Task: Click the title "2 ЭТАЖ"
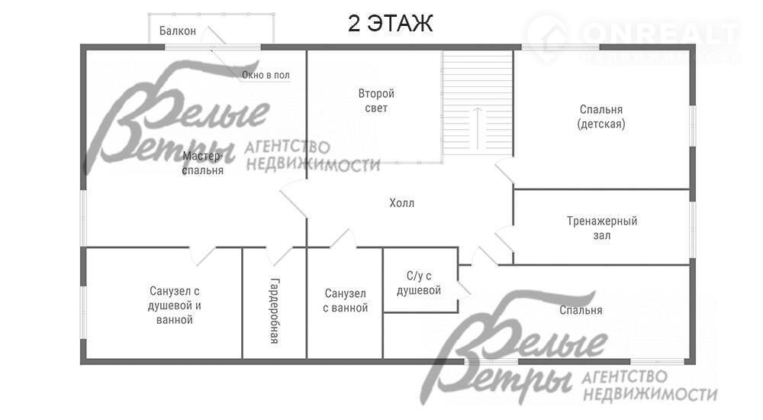coord(390,23)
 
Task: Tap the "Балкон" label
coord(178,31)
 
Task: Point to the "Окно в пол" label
coord(266,75)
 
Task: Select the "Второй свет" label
coord(376,100)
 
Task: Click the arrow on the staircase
coord(478,128)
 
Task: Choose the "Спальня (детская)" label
coord(601,116)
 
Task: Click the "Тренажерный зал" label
coord(602,228)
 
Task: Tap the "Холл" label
coord(401,202)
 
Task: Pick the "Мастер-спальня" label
coord(202,163)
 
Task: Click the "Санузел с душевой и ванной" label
coord(174,305)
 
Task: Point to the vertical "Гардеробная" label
coord(275,311)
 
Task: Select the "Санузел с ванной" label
coord(345,301)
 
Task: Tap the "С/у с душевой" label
coord(418,283)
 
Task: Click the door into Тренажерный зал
coord(504,240)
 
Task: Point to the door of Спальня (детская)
coord(504,170)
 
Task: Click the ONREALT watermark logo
coord(633,38)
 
